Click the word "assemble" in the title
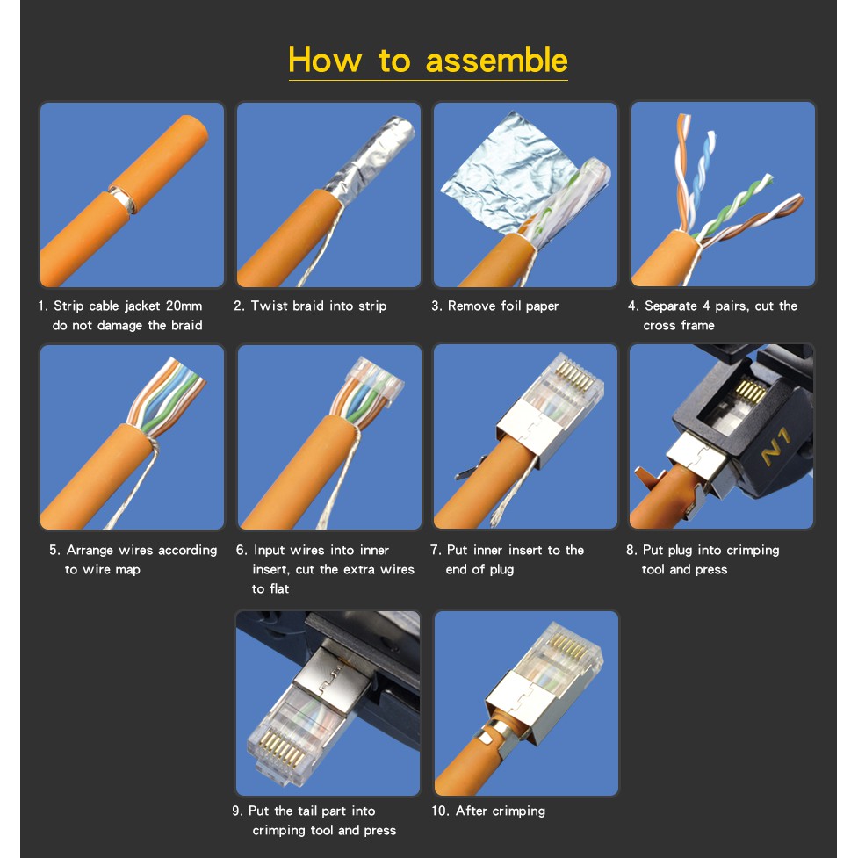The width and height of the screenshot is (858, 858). coord(496,61)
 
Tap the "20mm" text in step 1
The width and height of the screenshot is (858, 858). coord(184,306)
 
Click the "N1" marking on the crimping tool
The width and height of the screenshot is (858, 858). coord(776,446)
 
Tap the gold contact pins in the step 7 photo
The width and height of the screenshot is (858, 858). coord(574,375)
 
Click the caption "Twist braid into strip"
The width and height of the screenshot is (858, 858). coord(319,306)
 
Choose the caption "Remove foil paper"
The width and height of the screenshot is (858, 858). coord(503,306)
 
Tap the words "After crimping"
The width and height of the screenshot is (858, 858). coord(501,811)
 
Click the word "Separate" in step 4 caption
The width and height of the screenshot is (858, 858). coord(671,306)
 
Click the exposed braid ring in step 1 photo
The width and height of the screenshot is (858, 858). coord(124,199)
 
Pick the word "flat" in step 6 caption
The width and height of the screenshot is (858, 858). coord(279,588)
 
